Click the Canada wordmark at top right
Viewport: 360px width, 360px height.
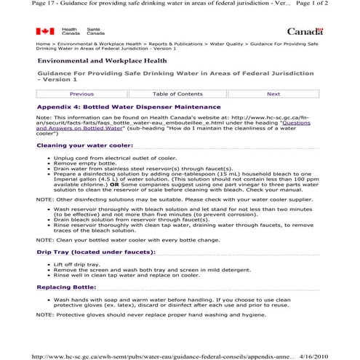tap(305, 31)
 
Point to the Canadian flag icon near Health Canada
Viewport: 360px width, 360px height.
tap(45, 31)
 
